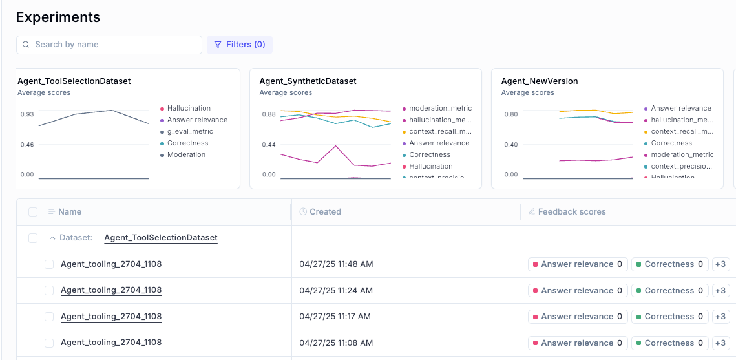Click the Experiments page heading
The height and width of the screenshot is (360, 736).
pyautogui.click(x=58, y=17)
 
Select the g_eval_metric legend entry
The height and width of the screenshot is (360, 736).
pyautogui.click(x=189, y=131)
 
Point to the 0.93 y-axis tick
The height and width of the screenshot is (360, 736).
pyautogui.click(x=27, y=114)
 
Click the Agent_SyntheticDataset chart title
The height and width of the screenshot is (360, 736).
pyautogui.click(x=308, y=81)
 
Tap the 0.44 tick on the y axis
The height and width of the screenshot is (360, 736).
pyautogui.click(x=268, y=144)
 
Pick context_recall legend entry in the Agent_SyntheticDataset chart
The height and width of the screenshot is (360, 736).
pyautogui.click(x=439, y=131)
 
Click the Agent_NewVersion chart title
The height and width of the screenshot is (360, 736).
pyautogui.click(x=539, y=81)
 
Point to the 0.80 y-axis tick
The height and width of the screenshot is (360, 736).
pyautogui.click(x=510, y=114)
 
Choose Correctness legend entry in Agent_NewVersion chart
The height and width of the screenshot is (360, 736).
pyautogui.click(x=671, y=143)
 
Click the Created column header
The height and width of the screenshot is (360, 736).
pyautogui.click(x=325, y=211)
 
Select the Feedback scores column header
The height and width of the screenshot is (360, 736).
pyautogui.click(x=571, y=211)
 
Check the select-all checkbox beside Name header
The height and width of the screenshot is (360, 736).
pyautogui.click(x=33, y=212)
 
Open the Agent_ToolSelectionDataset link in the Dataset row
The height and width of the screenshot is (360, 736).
pyautogui.click(x=161, y=238)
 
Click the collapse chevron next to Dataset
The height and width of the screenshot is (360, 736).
pyautogui.click(x=52, y=238)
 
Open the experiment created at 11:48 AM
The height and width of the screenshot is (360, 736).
pyautogui.click(x=111, y=264)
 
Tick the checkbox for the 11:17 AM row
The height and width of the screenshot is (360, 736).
pyautogui.click(x=49, y=317)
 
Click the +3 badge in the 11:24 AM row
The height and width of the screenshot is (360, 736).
pyautogui.click(x=719, y=290)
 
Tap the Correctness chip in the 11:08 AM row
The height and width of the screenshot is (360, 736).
pyautogui.click(x=668, y=343)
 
